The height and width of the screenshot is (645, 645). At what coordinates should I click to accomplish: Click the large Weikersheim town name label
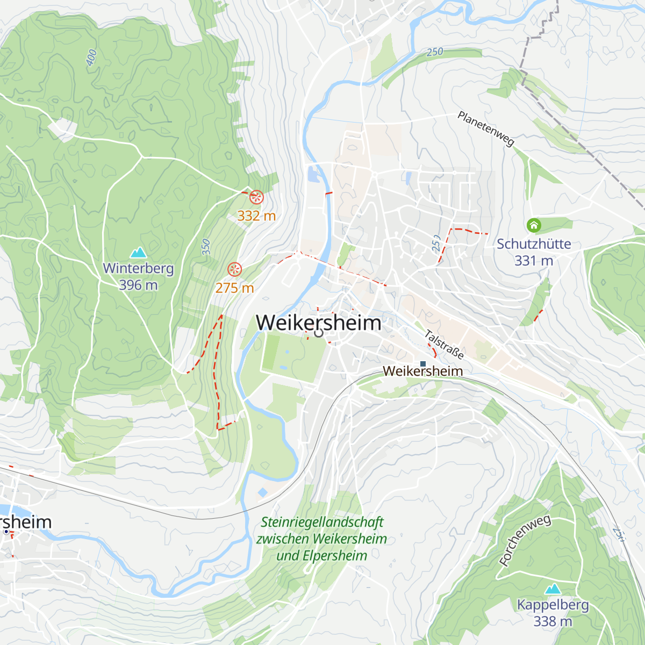(x=318, y=322)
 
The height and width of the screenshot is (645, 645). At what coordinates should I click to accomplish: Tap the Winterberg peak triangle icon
(x=139, y=252)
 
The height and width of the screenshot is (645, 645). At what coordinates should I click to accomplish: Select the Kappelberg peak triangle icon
(x=553, y=589)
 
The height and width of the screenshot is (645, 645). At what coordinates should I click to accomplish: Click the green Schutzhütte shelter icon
(x=533, y=225)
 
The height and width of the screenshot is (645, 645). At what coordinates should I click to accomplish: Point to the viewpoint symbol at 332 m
(x=256, y=197)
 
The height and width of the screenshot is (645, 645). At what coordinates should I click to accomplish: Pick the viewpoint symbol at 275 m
(x=234, y=269)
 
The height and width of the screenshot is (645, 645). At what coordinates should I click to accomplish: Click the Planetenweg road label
(x=486, y=128)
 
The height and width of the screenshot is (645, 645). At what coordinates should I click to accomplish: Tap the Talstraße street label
(x=444, y=345)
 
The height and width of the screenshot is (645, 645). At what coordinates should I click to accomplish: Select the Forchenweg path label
(x=525, y=541)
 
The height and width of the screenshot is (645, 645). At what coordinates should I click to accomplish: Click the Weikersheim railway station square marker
(x=422, y=364)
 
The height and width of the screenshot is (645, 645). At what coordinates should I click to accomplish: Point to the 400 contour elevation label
(x=91, y=58)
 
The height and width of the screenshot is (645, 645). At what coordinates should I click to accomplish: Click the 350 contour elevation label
(x=206, y=247)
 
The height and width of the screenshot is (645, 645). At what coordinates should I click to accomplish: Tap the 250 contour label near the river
(x=435, y=52)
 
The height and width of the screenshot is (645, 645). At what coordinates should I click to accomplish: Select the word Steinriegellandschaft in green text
(x=322, y=522)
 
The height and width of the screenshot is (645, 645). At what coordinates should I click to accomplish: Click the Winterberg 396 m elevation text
(x=138, y=285)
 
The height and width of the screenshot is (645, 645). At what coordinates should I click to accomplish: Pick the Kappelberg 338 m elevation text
(x=553, y=621)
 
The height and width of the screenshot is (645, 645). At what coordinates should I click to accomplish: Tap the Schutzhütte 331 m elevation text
(x=533, y=261)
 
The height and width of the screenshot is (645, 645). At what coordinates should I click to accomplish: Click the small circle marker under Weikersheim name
(x=318, y=333)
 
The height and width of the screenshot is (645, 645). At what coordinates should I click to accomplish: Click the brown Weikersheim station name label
(x=422, y=371)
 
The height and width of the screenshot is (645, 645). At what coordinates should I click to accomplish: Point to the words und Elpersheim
(x=321, y=556)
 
